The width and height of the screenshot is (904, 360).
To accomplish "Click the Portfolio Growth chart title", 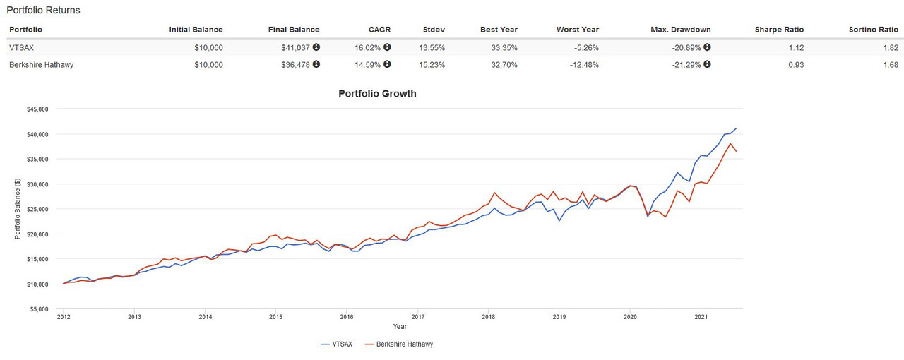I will point(377,93).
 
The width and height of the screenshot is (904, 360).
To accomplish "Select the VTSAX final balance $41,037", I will point(295,48).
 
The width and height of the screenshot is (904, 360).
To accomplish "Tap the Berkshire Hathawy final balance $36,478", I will point(295,64).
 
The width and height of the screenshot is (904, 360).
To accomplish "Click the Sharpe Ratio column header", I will point(779,30).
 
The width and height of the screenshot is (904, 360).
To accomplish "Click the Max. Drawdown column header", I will point(680,30).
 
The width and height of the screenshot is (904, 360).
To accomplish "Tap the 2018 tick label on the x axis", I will point(487,317).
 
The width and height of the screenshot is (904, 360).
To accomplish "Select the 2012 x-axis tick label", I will point(63,317).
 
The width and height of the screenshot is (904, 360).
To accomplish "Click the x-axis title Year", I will point(400,327).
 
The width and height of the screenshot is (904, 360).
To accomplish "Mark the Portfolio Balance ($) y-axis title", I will point(18,209).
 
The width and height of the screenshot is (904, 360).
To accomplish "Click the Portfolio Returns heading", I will point(43,11).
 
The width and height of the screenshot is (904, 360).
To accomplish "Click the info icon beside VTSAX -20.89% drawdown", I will point(707,48).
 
